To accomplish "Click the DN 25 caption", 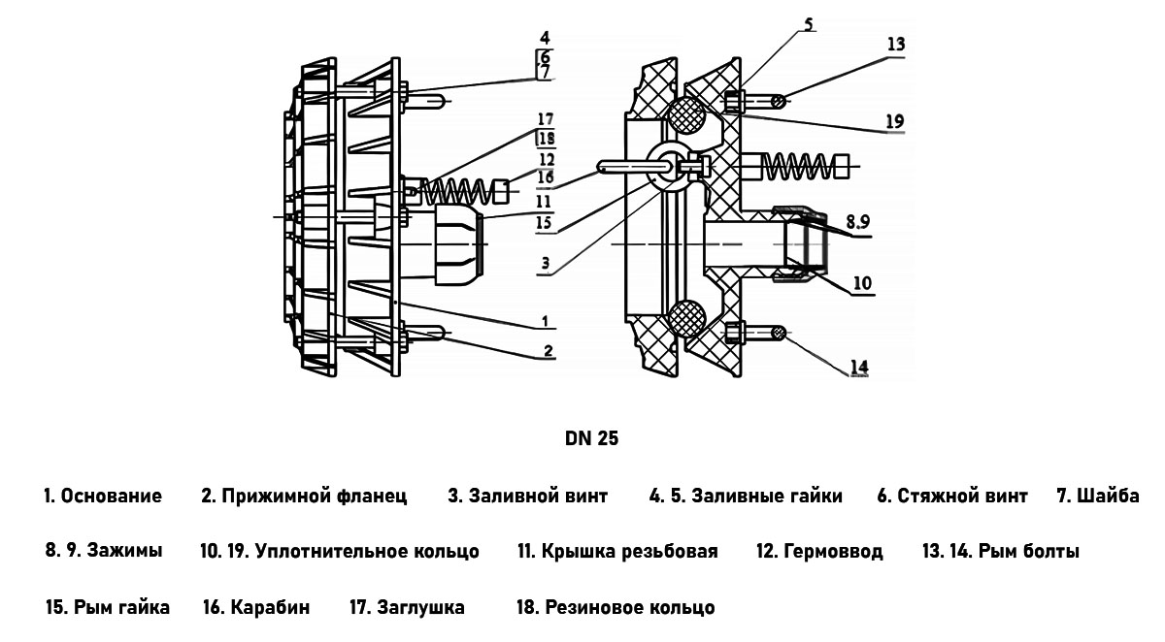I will point(591,438).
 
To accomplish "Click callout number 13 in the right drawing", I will point(895,44).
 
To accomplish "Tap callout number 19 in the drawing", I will point(894,121).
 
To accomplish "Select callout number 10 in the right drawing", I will point(862,284).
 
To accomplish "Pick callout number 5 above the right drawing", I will point(809,24).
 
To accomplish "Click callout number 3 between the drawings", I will point(547,262).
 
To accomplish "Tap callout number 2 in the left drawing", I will point(549,350).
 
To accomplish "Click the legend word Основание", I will point(112,497).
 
